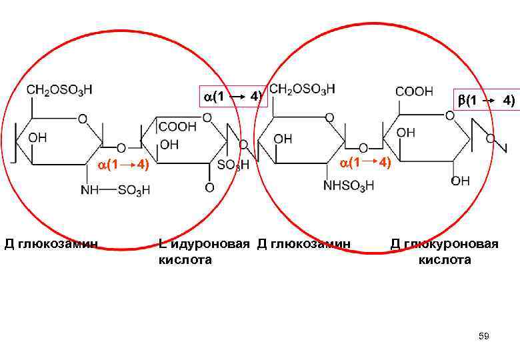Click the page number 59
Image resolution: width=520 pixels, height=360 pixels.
coord(484,337)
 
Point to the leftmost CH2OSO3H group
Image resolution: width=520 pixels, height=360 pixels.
coord(59,89)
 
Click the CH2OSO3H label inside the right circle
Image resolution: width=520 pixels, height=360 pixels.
coord(302,89)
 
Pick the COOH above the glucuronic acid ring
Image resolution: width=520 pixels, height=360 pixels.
coord(415,91)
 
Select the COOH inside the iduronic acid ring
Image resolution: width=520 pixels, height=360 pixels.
coord(177,125)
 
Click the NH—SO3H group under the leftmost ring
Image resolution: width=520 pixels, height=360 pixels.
coord(115,190)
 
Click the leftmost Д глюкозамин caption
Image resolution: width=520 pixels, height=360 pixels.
coord(51,243)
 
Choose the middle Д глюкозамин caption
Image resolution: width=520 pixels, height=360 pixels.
coord(303,243)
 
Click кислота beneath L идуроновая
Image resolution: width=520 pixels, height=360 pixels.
coord(185,259)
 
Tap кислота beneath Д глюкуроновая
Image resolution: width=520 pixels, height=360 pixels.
coord(444,259)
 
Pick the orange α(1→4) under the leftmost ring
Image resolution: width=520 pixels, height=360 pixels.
coord(122,164)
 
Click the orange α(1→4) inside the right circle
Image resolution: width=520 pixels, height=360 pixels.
coord(364,163)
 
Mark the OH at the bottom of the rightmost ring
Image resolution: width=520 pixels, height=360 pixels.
coord(460,181)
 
